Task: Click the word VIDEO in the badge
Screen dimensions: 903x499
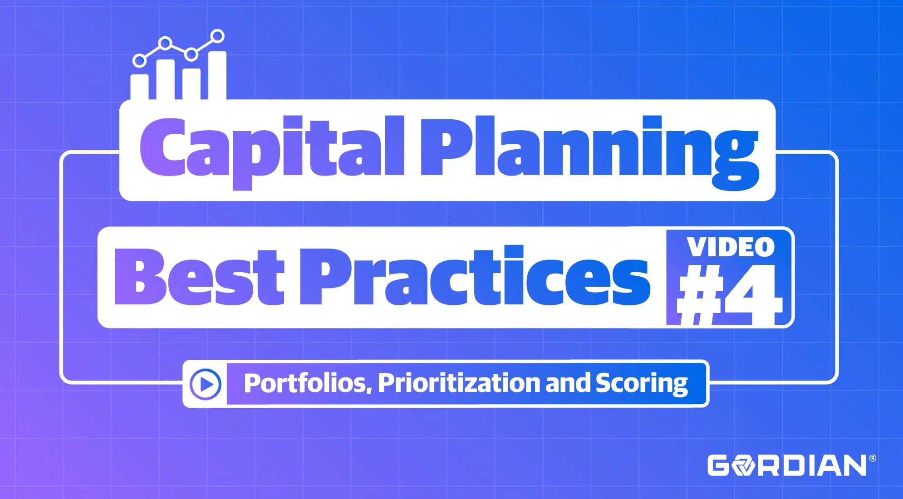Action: (731, 247)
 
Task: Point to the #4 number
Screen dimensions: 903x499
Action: (730, 295)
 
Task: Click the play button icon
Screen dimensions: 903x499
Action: (206, 384)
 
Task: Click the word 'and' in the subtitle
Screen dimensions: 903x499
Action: (568, 383)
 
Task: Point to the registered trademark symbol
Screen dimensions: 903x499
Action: (873, 458)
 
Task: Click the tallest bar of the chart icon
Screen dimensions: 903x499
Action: (217, 75)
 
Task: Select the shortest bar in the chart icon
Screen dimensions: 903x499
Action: (139, 87)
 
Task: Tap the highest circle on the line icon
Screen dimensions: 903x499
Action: (218, 36)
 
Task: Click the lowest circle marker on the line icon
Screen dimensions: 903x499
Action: (139, 60)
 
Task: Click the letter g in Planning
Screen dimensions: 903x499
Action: (735, 159)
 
